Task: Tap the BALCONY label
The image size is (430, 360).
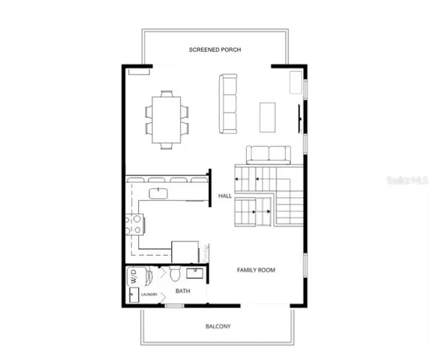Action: [218, 326]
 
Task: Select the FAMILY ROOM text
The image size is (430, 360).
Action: [257, 269]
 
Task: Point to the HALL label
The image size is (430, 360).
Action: [224, 196]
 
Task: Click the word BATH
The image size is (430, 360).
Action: [182, 290]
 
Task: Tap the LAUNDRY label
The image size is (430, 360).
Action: [150, 295]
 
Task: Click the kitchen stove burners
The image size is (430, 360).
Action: [136, 223]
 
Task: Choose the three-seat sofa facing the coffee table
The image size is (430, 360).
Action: [228, 104]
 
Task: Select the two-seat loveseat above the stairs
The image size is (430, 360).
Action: [269, 154]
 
